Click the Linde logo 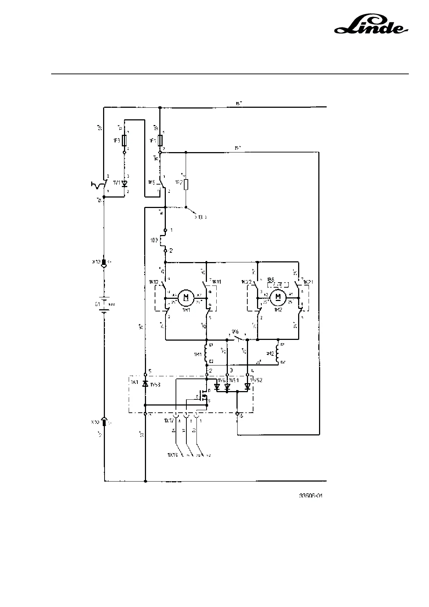(371, 26)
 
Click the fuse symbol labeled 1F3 (124, 141)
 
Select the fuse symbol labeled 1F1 (160, 141)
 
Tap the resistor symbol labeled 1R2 (186, 185)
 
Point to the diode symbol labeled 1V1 (125, 183)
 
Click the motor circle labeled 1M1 (186, 297)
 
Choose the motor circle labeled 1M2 (278, 297)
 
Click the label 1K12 (153, 282)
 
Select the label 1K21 (308, 282)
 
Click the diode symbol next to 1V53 (145, 384)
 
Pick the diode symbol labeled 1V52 (247, 387)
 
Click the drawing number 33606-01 (310, 496)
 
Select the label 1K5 (151, 182)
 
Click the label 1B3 (154, 240)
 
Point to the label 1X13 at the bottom (172, 455)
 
